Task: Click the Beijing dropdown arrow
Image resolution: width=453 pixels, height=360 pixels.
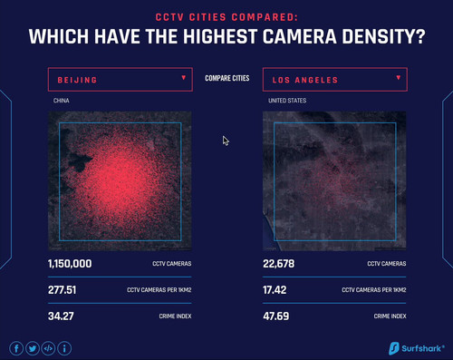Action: pos(183,78)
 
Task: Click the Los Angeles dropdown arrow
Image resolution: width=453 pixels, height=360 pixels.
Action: pos(399,78)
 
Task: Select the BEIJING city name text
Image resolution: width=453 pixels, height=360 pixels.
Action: pos(77,80)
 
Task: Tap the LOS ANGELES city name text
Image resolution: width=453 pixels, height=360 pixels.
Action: pos(305,80)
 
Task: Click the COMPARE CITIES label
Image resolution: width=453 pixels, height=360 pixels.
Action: pos(227,78)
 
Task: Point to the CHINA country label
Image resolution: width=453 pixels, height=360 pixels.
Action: pos(62,101)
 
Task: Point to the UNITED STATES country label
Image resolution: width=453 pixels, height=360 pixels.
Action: pos(287,101)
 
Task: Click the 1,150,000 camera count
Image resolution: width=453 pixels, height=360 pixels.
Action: pos(70,264)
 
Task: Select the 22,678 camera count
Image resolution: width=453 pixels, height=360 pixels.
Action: pos(278,264)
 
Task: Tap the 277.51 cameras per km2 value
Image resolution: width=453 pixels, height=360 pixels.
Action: pos(62,290)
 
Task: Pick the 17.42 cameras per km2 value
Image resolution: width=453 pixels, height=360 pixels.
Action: pos(275,290)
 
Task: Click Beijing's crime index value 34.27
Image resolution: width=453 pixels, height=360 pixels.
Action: pos(61,316)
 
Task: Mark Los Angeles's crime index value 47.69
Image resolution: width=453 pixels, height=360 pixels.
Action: pos(275,316)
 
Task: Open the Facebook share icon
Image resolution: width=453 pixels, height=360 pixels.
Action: pos(16,348)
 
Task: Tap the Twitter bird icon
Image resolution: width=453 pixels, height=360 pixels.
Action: pos(33,348)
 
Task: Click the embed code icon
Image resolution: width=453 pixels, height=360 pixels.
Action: pos(48,348)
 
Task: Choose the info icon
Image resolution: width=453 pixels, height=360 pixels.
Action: pos(64,348)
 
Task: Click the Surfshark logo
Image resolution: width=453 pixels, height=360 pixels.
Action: pos(417,348)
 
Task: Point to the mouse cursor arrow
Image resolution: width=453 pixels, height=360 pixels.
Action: pos(226,141)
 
